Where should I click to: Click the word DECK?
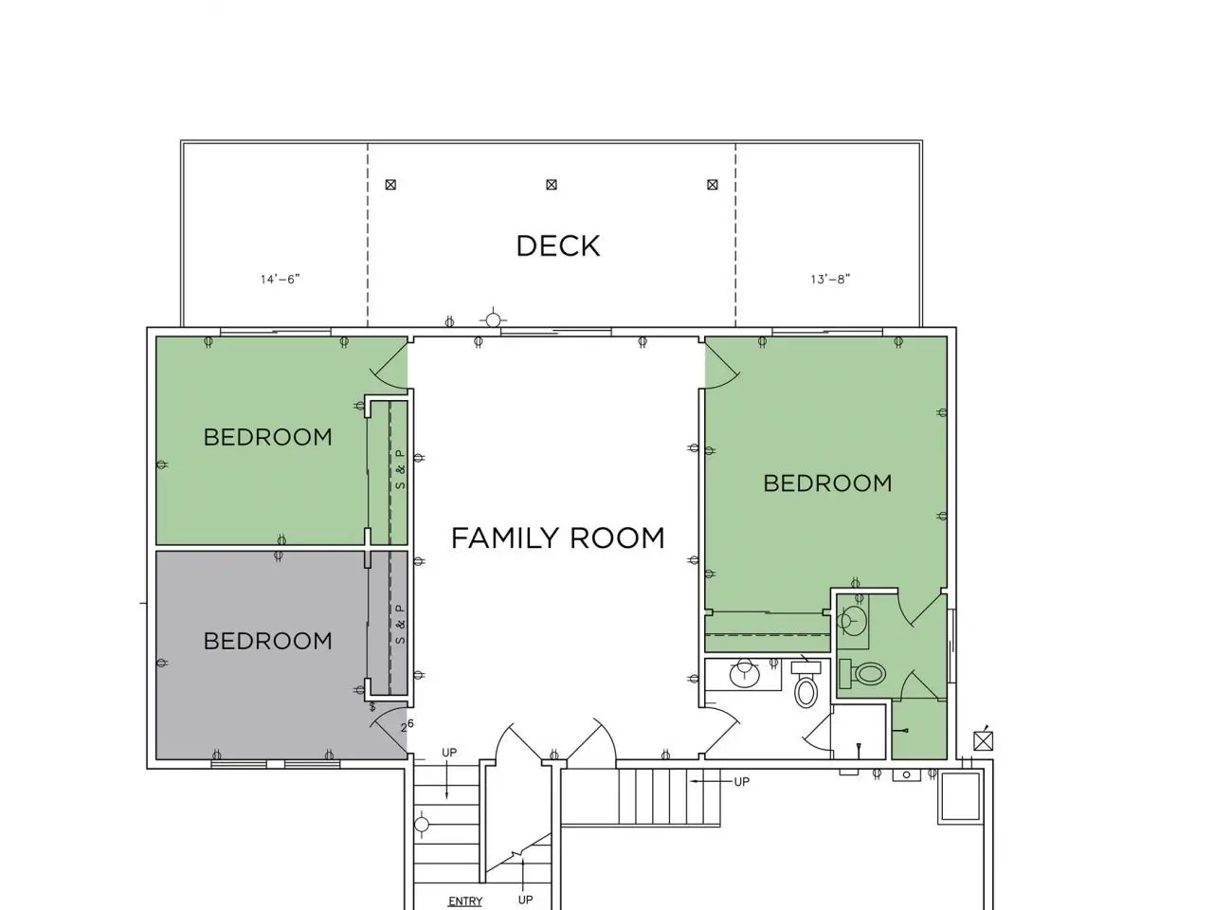point(557,246)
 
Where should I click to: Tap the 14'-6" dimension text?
point(281,279)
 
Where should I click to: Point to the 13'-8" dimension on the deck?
point(830,279)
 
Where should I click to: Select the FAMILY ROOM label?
point(557,538)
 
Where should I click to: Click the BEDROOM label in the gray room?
point(268,641)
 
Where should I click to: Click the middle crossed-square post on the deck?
point(551,185)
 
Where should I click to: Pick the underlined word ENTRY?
point(465,901)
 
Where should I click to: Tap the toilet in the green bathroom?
point(862,674)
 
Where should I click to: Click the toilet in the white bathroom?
point(806,685)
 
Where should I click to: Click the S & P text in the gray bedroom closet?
point(401,624)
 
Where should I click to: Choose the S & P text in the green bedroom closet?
point(401,469)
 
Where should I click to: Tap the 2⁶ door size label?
point(407,725)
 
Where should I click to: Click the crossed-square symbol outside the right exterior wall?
point(983,741)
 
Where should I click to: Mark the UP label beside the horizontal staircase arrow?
point(742,782)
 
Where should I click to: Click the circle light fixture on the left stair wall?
point(422,825)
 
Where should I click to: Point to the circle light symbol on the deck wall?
point(493,319)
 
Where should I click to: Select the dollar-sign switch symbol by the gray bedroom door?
point(372,707)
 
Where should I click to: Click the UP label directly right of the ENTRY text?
point(526,901)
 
